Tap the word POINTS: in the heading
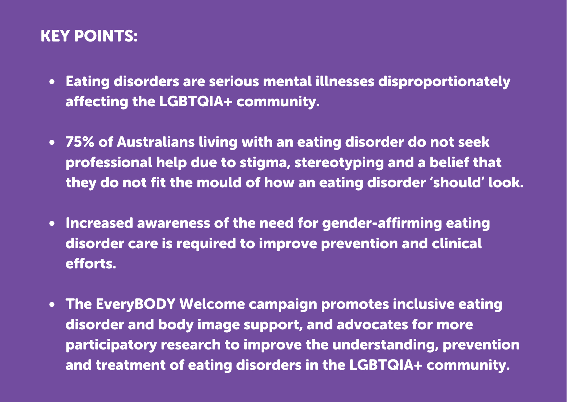106,36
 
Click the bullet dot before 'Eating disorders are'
52,82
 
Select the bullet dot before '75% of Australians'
52,143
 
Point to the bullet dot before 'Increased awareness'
52,224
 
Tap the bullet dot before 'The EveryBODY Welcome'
52,305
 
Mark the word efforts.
91,264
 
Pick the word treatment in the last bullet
130,365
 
